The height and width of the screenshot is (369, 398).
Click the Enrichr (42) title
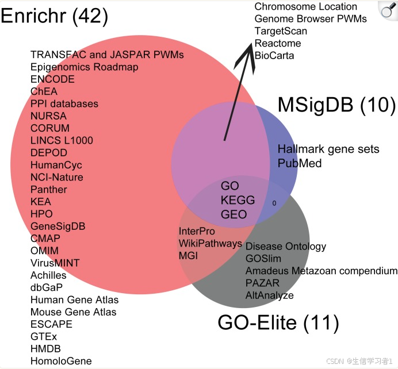click(x=55, y=16)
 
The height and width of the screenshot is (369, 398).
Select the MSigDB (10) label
click(x=336, y=105)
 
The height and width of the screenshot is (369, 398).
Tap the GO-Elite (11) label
click(x=278, y=323)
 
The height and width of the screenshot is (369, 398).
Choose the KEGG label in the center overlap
click(x=234, y=201)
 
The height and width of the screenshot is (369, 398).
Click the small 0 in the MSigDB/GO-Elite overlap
click(x=274, y=203)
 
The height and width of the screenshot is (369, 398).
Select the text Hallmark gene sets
click(x=328, y=149)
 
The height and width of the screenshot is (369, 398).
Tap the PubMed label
click(x=299, y=163)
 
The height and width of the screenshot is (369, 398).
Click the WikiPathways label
click(x=210, y=243)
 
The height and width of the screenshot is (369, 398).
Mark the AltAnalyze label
click(x=269, y=295)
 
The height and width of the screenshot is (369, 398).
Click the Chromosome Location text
click(x=305, y=7)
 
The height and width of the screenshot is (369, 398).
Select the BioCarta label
click(x=274, y=56)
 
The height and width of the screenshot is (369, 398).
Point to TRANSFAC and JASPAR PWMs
click(x=107, y=55)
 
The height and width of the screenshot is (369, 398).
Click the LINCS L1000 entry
click(x=62, y=140)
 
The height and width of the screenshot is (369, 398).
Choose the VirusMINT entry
click(x=55, y=263)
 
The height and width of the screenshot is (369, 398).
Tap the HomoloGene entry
click(x=61, y=361)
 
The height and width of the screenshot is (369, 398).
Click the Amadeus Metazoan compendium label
click(x=321, y=271)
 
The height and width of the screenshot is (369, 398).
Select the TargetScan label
click(x=281, y=31)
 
